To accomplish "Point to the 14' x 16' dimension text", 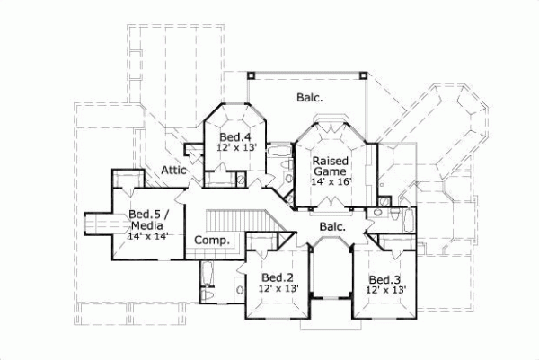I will (x=331, y=182).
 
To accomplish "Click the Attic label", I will (x=173, y=169).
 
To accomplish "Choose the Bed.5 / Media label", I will (x=145, y=220).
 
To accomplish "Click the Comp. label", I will (x=212, y=241).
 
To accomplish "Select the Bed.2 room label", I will (x=278, y=277).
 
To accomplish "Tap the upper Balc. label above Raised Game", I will (x=310, y=97).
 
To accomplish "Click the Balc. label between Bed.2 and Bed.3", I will (x=331, y=227).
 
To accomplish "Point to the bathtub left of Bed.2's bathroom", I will (x=207, y=275).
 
